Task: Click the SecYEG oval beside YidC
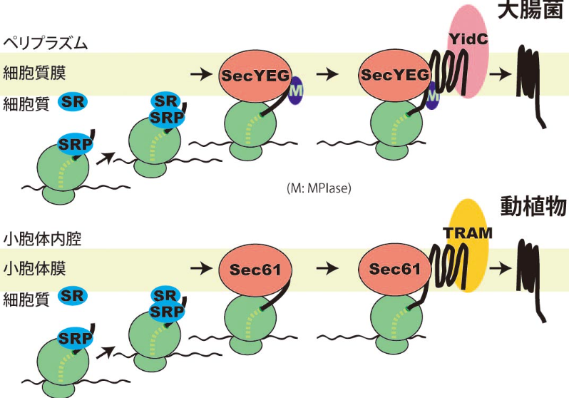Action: (x=394, y=73)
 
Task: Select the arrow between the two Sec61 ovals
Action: (x=327, y=270)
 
